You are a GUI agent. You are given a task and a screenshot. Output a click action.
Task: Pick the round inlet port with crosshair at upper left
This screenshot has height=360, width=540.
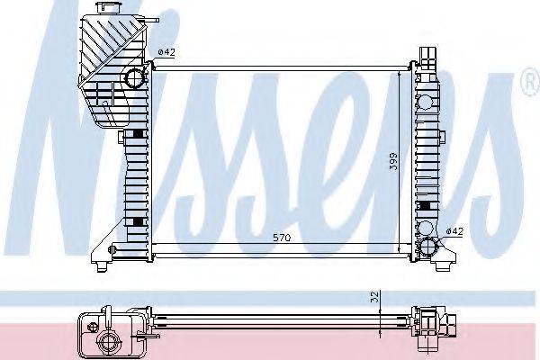pyautogui.click(x=136, y=77)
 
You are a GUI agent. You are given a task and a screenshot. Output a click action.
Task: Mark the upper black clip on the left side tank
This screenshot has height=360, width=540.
pyautogui.click(x=136, y=134)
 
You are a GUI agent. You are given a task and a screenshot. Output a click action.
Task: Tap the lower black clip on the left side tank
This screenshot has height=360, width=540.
pyautogui.click(x=136, y=221)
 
